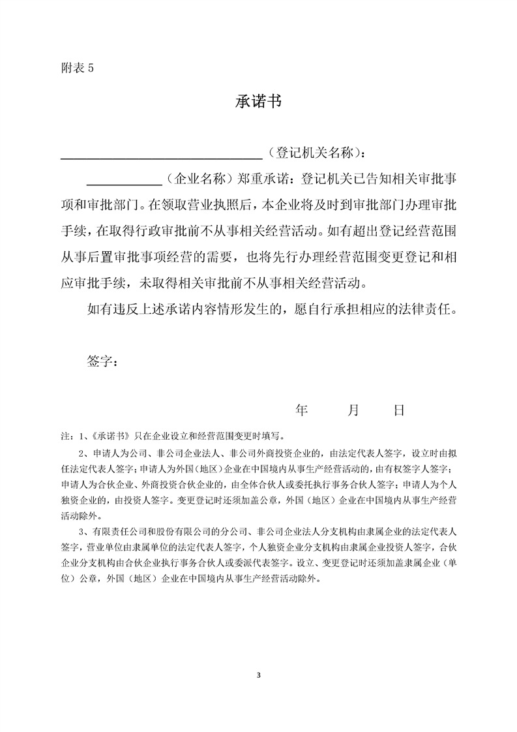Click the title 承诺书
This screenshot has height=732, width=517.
[258, 102]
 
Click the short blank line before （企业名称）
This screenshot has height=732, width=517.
[124, 183]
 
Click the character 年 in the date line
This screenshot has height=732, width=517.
[302, 410]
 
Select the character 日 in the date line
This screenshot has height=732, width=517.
[400, 410]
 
